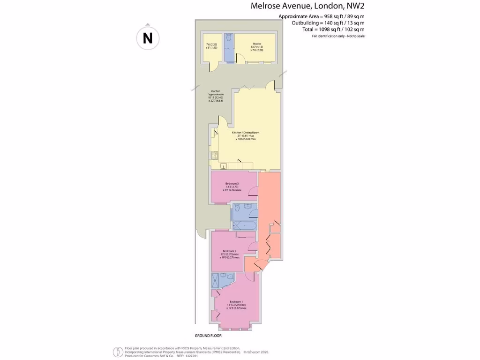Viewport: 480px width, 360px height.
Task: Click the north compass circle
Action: [148, 37]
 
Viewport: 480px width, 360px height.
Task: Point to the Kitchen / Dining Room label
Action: [246, 133]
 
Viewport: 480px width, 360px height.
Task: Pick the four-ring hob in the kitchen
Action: [215, 156]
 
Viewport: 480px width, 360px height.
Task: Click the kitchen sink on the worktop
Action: [223, 165]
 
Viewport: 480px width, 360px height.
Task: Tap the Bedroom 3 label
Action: [232, 183]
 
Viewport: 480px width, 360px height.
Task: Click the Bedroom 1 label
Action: [236, 301]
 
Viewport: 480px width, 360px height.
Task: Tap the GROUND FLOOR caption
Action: [208, 336]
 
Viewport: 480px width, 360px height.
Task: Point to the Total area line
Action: [333, 29]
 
